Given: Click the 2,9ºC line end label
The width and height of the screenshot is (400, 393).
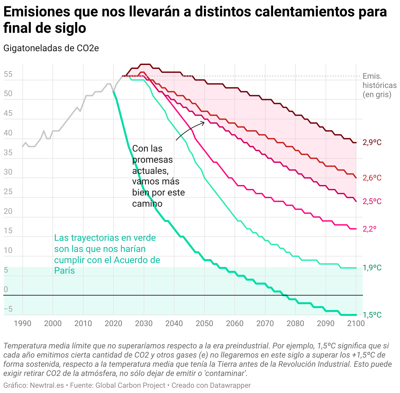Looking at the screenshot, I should pos(372,142).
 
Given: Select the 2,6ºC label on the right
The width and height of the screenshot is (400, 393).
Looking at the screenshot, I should pos(372,178).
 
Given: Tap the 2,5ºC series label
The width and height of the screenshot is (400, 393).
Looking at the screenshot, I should pos(372,201).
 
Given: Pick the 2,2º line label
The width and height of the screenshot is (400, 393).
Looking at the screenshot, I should pos(370,229).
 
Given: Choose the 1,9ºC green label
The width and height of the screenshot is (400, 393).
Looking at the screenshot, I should pos(372,268).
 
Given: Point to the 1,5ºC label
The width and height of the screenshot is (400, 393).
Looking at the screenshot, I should pos(372,315).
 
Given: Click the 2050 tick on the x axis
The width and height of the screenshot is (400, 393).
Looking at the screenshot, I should pos(204,323).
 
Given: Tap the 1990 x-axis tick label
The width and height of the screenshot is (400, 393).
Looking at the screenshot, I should pos(23,323).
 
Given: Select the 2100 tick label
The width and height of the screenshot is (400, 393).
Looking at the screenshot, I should pos(356,323).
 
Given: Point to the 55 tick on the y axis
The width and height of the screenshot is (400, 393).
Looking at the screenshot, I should pos(8,74).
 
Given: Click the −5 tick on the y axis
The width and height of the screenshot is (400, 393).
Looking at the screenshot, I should pos(8,309).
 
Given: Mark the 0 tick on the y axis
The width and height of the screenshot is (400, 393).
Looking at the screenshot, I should pos(6,290).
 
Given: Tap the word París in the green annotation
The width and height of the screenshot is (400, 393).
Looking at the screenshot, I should pos(65,271).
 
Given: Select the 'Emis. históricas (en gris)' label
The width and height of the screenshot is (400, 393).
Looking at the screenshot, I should pos(379,85).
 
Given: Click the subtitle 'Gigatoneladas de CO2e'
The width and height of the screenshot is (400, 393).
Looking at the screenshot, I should pos(51,48).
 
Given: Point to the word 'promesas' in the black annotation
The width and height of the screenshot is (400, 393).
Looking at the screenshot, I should pos(152,160).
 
